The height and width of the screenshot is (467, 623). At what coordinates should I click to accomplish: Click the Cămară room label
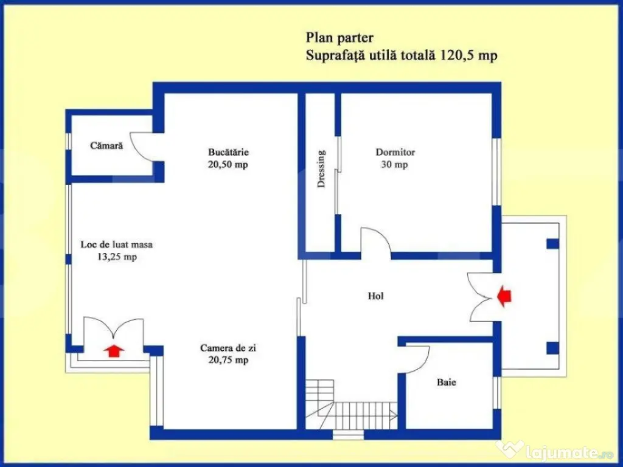coord(106,145)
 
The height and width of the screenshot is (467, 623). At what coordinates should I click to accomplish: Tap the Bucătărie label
coord(229,151)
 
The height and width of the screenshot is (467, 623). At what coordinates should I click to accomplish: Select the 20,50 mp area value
coord(228,164)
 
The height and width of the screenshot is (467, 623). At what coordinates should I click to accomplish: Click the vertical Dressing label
coord(321,168)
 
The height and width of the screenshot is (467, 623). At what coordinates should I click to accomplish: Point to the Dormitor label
coord(395,151)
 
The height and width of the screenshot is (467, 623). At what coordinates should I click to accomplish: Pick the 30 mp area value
coord(394,164)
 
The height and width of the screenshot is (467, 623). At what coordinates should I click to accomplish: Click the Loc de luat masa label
coord(116,244)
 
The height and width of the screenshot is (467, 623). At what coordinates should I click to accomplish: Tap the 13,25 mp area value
coord(117,257)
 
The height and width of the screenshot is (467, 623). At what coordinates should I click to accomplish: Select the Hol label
coord(375,296)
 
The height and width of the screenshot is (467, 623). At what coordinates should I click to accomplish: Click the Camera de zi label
coord(228,348)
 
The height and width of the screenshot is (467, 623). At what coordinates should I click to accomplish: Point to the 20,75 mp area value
coord(229,360)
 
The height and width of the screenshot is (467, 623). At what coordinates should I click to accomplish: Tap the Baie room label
coord(446,382)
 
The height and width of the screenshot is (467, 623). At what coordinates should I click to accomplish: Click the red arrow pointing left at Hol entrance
coord(504,296)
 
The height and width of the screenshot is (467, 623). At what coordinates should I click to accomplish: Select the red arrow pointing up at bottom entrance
coord(114,351)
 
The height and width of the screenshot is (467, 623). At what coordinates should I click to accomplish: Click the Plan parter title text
coord(339,38)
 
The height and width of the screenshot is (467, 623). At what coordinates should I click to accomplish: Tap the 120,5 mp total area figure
coord(468,55)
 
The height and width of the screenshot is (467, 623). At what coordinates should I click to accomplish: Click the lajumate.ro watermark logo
coord(555,451)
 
